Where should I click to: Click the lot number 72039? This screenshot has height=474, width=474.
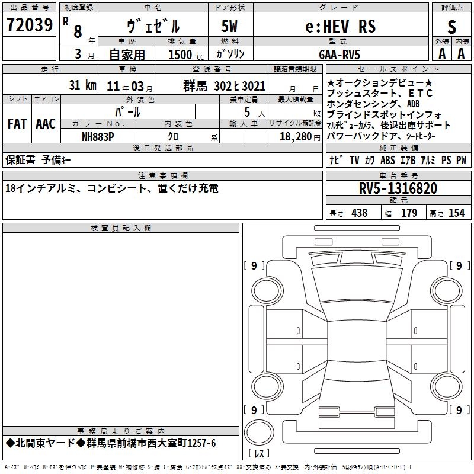click(29, 25)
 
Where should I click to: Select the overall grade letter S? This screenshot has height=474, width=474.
click(451, 27)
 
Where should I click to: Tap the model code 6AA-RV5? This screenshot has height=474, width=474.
click(340, 55)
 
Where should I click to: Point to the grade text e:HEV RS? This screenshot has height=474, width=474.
click(341, 26)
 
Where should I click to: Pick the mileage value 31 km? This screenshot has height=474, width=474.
click(82, 85)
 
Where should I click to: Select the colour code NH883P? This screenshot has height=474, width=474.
click(98, 137)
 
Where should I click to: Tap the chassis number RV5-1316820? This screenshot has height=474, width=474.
click(398, 188)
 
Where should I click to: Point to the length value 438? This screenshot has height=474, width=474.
click(360, 213)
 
